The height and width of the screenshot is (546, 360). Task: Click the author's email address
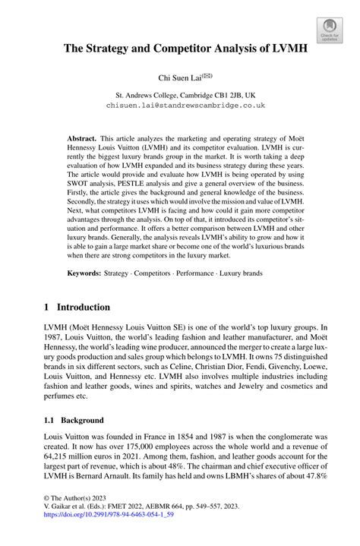185,106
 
